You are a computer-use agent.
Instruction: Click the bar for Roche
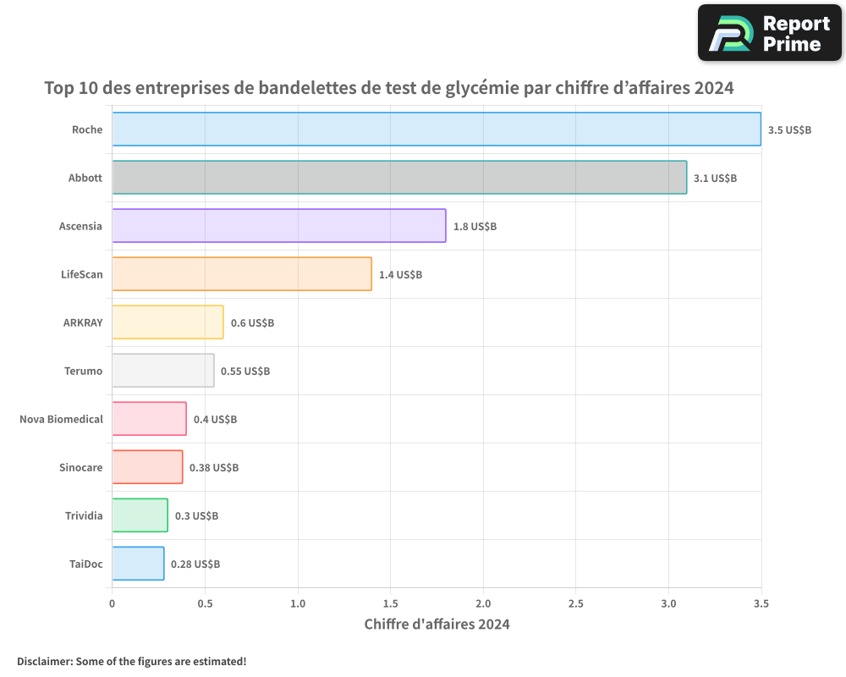coord(437,129)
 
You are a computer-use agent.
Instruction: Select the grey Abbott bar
coord(399,178)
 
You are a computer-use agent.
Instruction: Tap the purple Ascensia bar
coord(279,226)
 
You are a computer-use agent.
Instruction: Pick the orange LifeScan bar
coord(242,274)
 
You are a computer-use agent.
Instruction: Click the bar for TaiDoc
coord(138,564)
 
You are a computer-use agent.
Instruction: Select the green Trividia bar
coord(140,515)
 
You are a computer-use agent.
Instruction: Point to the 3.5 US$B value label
coord(789,130)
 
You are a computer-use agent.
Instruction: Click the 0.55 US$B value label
coord(245,372)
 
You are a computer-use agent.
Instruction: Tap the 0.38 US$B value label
coord(214,468)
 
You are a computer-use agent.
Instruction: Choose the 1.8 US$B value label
coord(475,227)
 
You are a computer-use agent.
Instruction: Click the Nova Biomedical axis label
coord(61,420)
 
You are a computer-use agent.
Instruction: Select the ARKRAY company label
coord(83,323)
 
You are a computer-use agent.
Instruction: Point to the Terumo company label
coord(84,372)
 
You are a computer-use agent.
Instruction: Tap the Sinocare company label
coord(81,468)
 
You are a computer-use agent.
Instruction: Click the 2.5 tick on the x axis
coord(575,604)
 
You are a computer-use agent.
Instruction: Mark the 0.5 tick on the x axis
coord(205,604)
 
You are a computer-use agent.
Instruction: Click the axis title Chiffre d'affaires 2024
coord(437,625)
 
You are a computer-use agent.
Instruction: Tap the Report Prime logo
coord(770,33)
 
